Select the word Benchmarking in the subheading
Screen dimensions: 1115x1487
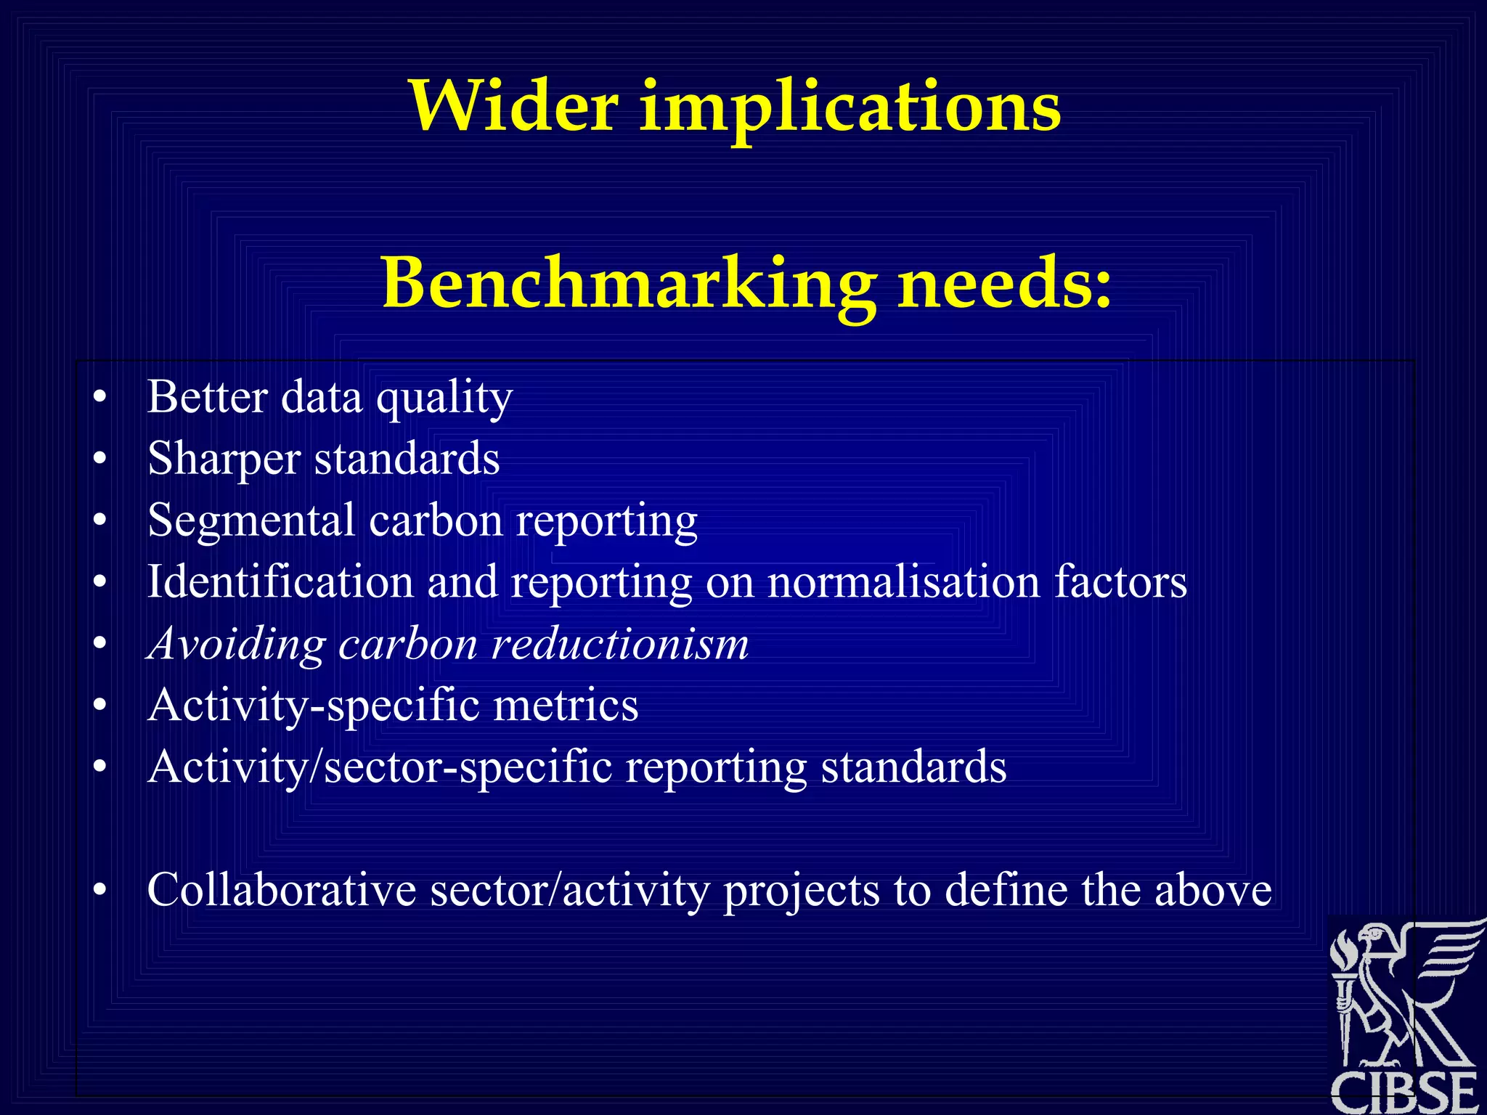click(x=629, y=284)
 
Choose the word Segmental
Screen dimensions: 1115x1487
click(x=251, y=521)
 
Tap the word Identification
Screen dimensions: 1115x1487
click(x=280, y=582)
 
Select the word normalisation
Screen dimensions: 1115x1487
click(x=904, y=582)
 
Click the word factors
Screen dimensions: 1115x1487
click(x=1120, y=582)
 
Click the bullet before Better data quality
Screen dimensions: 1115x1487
click(x=100, y=398)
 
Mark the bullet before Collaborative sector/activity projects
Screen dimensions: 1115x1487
click(x=100, y=890)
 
